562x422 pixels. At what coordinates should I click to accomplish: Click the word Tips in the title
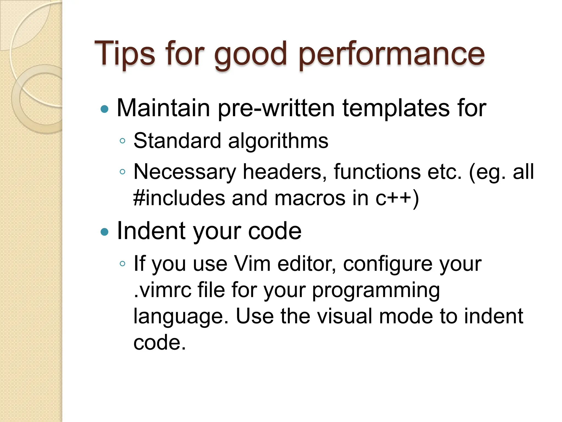point(125,54)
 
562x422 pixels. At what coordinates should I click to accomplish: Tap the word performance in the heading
point(391,55)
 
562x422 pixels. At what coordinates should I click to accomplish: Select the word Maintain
point(164,108)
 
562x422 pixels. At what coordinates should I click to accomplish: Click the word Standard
point(177,141)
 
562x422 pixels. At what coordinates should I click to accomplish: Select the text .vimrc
point(162,290)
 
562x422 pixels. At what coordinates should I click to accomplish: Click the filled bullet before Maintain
point(105,109)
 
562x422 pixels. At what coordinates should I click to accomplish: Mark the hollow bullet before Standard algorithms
point(122,141)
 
